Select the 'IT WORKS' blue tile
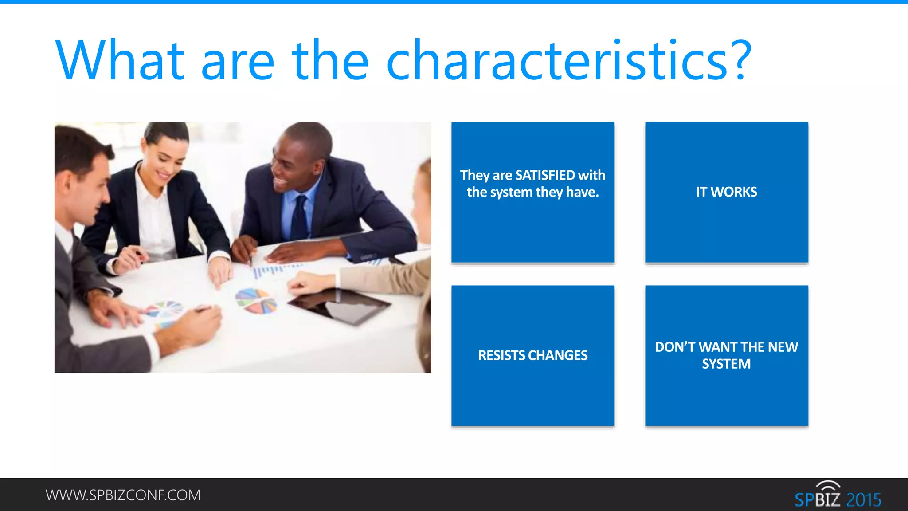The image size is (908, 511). pyautogui.click(x=726, y=192)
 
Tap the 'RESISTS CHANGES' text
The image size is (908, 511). pyautogui.click(x=532, y=355)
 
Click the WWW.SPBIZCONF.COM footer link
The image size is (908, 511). pyautogui.click(x=123, y=495)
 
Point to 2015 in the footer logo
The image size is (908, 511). pyautogui.click(x=863, y=500)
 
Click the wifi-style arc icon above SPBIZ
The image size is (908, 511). pyautogui.click(x=828, y=486)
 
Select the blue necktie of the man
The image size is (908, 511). pyautogui.click(x=299, y=217)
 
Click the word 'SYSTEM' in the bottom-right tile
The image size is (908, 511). pyautogui.click(x=726, y=364)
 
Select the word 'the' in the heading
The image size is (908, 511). pyautogui.click(x=330, y=61)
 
